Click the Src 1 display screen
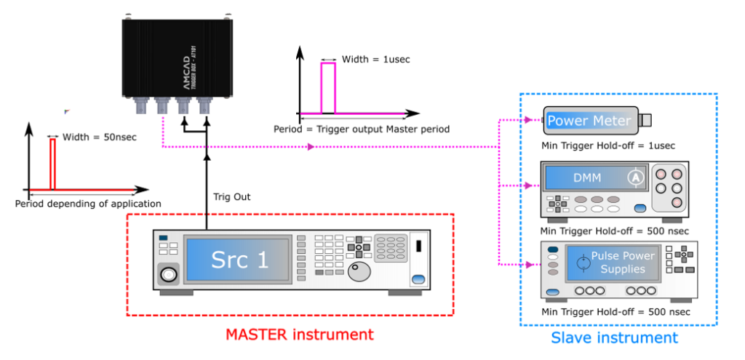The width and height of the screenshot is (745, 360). tap(239, 261)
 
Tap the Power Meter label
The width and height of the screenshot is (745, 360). tap(589, 120)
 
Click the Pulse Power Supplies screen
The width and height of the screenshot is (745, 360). tap(613, 263)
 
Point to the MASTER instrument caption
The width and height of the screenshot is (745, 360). tap(299, 335)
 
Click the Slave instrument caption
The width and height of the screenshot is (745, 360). tap(614, 337)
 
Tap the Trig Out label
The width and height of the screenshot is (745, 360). tap(232, 196)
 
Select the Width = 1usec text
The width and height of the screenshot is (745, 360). tap(376, 60)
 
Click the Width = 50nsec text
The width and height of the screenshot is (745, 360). tap(100, 137)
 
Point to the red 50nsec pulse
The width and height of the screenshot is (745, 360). tap(52, 164)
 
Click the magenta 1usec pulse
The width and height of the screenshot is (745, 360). tap(328, 88)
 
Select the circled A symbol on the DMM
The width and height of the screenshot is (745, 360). tap(635, 177)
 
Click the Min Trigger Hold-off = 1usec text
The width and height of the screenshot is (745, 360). tap(608, 145)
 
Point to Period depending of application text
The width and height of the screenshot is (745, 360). tap(88, 204)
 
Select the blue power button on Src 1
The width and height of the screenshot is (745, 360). tap(418, 279)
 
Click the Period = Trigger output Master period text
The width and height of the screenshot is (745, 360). tap(362, 129)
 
